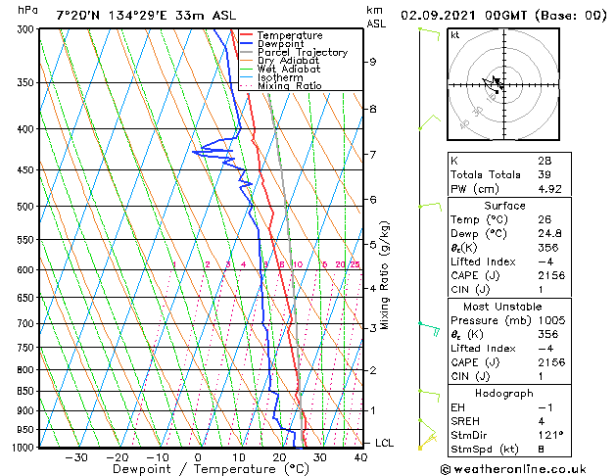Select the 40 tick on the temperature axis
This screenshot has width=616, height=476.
coord(360,456)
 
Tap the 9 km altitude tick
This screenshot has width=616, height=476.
coord(373,62)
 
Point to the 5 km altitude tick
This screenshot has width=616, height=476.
coord(373,244)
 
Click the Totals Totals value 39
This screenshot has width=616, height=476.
coord(545,174)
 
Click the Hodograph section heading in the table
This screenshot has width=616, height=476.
coord(504,393)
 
